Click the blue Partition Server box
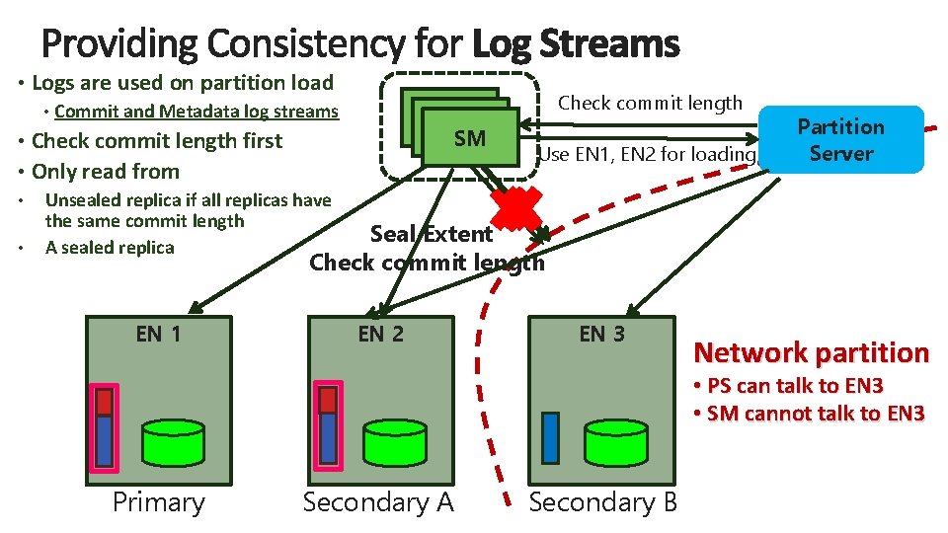pyautogui.click(x=840, y=140)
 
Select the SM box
pyautogui.click(x=470, y=139)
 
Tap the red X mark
pyautogui.click(x=516, y=209)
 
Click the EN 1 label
pyautogui.click(x=158, y=334)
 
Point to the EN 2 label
pyautogui.click(x=380, y=334)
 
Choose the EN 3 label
pyautogui.click(x=601, y=334)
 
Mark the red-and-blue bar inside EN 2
pyautogui.click(x=327, y=424)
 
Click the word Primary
pyautogui.click(x=158, y=502)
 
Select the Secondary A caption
pyautogui.click(x=378, y=502)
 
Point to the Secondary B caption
pyautogui.click(x=603, y=502)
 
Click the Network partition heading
pyautogui.click(x=811, y=352)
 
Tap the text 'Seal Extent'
pyautogui.click(x=431, y=234)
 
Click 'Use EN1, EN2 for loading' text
pyautogui.click(x=647, y=154)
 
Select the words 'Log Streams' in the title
pyautogui.click(x=576, y=43)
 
